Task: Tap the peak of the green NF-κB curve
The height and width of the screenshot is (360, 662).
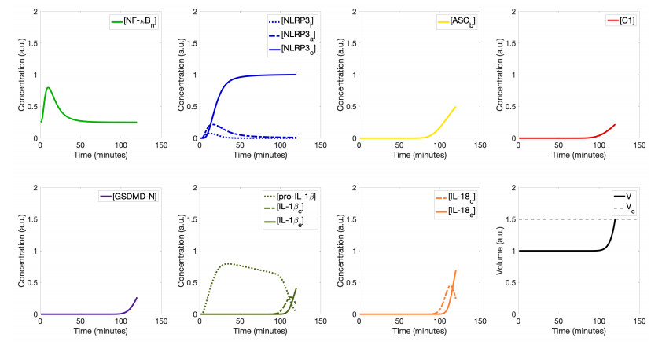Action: point(48,87)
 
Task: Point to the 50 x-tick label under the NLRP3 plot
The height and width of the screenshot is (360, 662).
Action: point(240,146)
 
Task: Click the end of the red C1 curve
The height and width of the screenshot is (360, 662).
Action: point(614,124)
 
